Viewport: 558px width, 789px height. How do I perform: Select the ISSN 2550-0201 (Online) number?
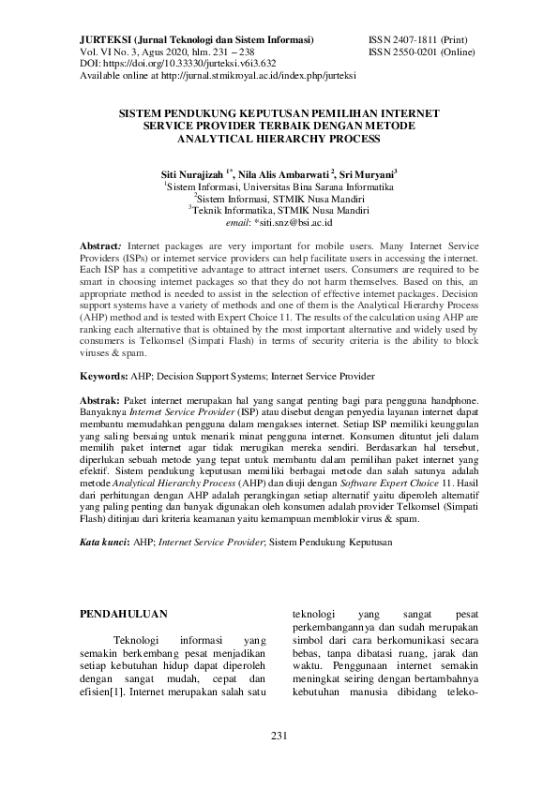click(423, 52)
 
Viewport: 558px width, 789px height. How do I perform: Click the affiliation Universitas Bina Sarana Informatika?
click(313, 187)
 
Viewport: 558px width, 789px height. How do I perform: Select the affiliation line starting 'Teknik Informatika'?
click(279, 212)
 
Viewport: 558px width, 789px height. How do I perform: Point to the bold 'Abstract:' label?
click(102, 243)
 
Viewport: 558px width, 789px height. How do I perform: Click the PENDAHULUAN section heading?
click(124, 615)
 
